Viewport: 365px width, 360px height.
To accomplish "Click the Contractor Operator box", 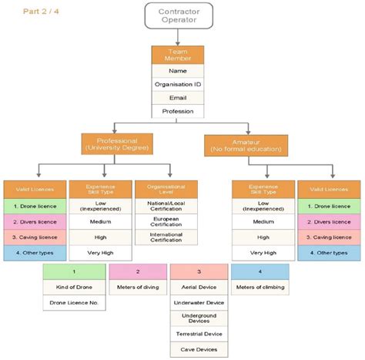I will pyautogui.click(x=178, y=16).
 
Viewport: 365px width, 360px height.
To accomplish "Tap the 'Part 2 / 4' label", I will pyautogui.click(x=40, y=11).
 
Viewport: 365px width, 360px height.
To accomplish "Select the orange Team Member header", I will pyautogui.click(x=178, y=55).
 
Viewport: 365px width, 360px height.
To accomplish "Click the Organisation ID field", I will pyautogui.click(x=178, y=84).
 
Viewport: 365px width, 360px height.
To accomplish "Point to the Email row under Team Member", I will pyautogui.click(x=178, y=98).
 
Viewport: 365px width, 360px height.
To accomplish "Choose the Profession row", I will pyautogui.click(x=178, y=112).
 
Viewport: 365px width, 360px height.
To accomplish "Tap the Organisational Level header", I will pyautogui.click(x=166, y=190).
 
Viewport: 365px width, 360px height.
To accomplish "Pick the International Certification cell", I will pyautogui.click(x=166, y=237).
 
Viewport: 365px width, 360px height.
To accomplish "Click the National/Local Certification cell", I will pyautogui.click(x=166, y=206).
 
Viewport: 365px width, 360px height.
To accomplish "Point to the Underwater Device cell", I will pyautogui.click(x=199, y=303).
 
